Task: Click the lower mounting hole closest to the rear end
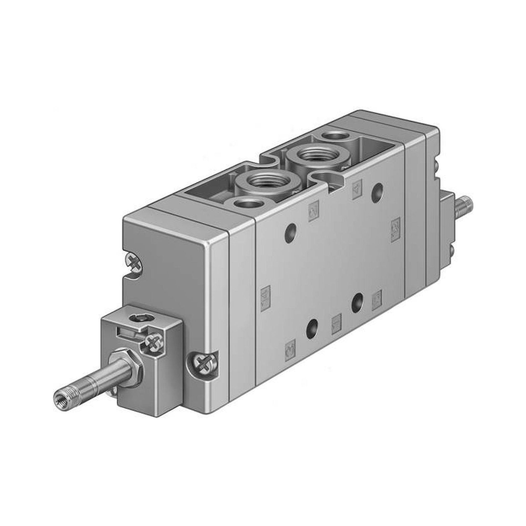[x=357, y=301]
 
